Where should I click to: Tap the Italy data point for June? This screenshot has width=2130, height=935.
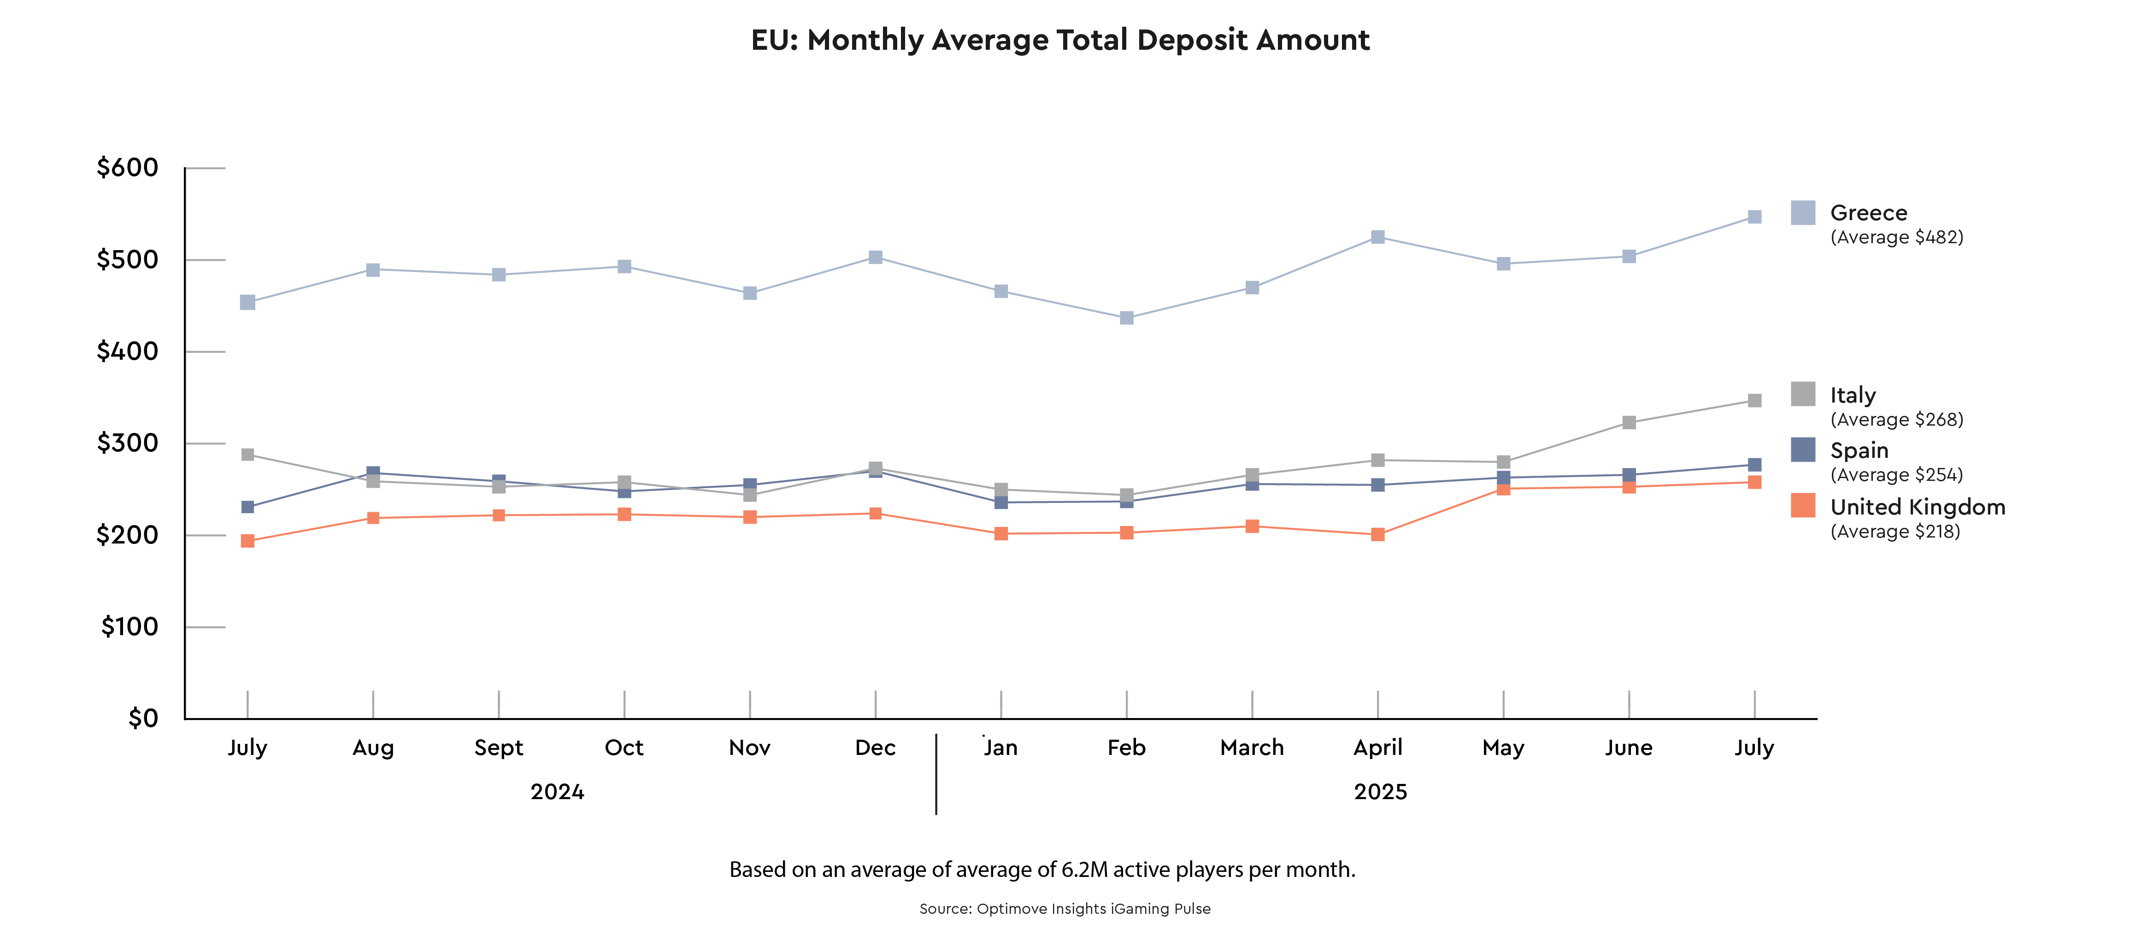[x=1629, y=422]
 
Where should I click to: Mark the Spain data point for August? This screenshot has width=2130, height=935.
[x=373, y=473]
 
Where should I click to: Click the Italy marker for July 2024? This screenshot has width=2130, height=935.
[x=247, y=455]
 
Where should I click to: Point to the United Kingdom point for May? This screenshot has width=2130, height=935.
[x=1503, y=489]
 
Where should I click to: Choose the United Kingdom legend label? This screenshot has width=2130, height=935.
[x=1918, y=507]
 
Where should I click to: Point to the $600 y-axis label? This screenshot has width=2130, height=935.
[x=127, y=168]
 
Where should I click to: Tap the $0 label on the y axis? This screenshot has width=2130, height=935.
[x=142, y=718]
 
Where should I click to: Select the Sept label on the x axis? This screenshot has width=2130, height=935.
[x=499, y=748]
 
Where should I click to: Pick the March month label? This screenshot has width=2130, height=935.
[x=1252, y=748]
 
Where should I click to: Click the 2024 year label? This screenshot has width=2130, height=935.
[x=557, y=792]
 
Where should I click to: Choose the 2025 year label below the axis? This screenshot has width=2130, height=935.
[x=1380, y=792]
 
